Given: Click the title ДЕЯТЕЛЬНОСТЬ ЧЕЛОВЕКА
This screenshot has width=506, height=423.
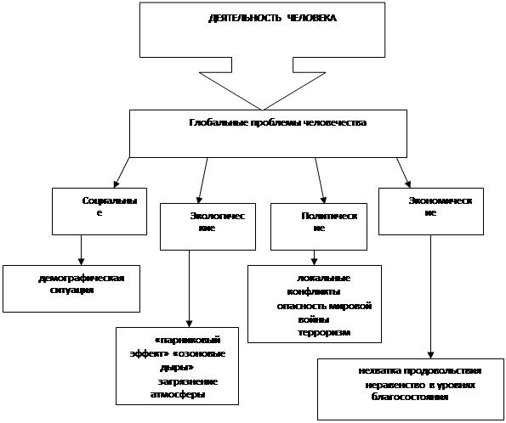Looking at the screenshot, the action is click(272, 18).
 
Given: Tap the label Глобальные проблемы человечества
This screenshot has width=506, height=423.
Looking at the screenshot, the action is click(278, 123).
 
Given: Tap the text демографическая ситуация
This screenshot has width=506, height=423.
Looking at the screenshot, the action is click(81, 284).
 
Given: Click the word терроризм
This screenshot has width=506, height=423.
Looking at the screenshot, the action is click(324, 332).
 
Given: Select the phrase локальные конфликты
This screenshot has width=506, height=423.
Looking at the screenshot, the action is click(319, 285).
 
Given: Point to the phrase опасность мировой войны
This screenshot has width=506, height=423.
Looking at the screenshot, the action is click(324, 313).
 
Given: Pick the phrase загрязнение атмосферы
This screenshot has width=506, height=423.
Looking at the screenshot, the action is click(184, 388).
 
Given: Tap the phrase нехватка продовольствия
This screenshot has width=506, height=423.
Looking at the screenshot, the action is click(420, 371).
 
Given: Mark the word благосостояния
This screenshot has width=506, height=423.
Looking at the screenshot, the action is click(410, 397).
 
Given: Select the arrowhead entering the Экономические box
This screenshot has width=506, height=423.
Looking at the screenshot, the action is click(408, 183).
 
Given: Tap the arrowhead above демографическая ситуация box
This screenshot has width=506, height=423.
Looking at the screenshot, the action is click(81, 262).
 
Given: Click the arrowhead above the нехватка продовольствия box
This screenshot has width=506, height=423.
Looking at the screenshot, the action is click(430, 355).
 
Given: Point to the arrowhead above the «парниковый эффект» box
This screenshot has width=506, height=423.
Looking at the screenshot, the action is click(189, 324).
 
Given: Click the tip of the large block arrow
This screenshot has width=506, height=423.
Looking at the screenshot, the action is click(263, 110).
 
